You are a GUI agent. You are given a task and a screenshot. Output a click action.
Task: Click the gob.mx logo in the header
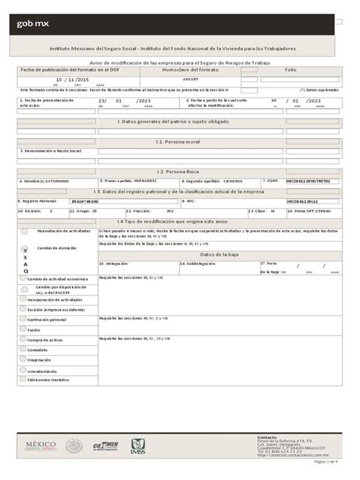pos(31,24)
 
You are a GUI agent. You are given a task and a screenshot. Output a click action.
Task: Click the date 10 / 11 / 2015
pos(73,78)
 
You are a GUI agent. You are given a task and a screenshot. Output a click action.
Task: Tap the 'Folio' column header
pos(289,69)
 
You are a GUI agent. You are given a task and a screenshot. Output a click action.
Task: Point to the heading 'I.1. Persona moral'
pos(179,141)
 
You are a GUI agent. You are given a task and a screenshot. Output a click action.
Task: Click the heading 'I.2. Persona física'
pos(179,172)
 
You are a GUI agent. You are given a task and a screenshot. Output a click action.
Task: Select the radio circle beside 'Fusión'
pos(22,330)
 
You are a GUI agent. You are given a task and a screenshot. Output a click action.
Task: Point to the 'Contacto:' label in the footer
pos(268,437)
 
